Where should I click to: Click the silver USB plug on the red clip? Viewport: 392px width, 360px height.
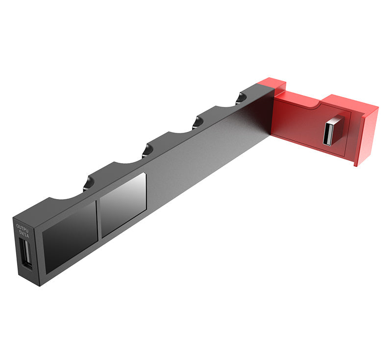332,131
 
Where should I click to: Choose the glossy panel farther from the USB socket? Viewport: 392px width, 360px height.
123,205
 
